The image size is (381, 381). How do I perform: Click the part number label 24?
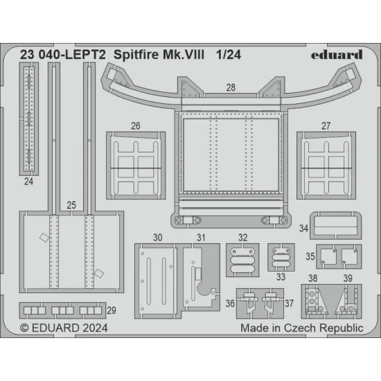(x=28, y=182)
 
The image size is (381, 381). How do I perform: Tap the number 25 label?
(x=71, y=205)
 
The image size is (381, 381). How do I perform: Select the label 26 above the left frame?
(x=135, y=126)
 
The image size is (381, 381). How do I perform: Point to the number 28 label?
(x=230, y=88)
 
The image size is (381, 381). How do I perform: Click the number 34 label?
(x=303, y=228)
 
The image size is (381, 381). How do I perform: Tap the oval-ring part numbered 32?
(x=242, y=261)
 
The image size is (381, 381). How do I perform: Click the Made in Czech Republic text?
(x=301, y=328)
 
